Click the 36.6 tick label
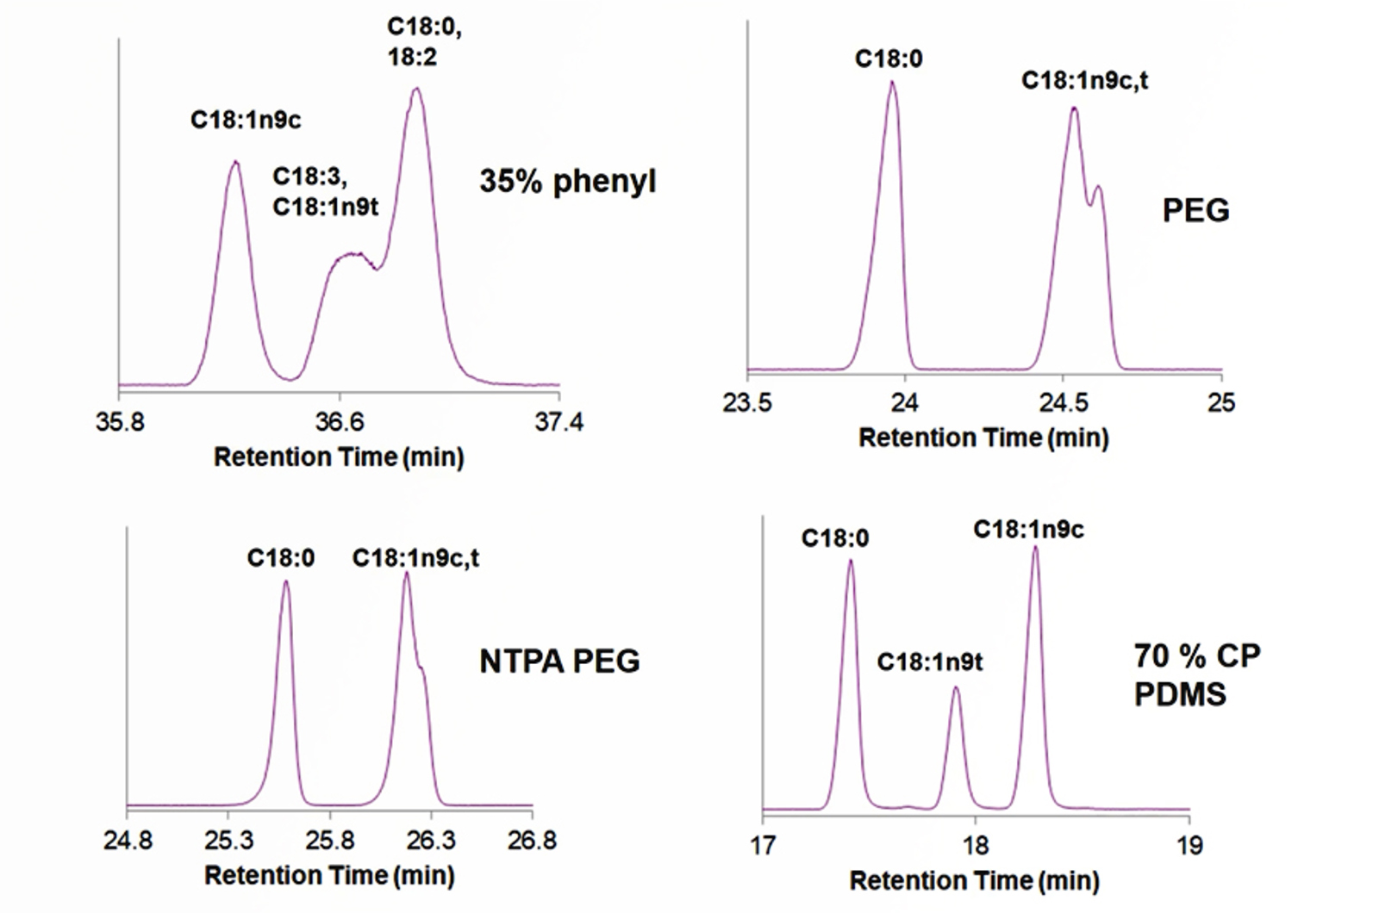339,422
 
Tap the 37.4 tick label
558,422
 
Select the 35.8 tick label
120,422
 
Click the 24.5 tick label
1063,402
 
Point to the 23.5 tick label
747,402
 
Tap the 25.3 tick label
228,840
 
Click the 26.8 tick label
532,840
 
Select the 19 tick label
1189,845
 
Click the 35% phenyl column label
568,182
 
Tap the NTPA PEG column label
559,661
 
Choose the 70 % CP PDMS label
1196,674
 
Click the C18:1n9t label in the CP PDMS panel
930,661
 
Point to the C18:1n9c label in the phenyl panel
246,120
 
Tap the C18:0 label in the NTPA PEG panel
281,558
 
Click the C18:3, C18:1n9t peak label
325,191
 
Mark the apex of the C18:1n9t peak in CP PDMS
955,687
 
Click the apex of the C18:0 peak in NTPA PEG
285,581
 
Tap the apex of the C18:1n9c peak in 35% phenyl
234,162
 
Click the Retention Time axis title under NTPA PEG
329,876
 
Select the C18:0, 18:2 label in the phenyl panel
424,42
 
